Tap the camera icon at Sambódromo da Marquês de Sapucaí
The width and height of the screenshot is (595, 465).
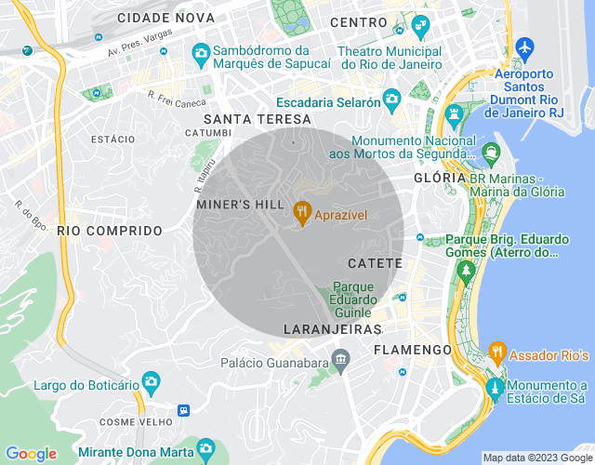pos(200,53)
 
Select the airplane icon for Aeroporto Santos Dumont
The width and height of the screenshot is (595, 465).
pos(525,46)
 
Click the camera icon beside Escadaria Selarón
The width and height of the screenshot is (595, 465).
pos(392,98)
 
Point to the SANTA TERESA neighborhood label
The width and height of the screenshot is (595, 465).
pos(258,119)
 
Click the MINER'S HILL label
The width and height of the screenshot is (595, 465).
pos(239,204)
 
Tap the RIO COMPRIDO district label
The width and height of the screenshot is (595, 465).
pos(110,230)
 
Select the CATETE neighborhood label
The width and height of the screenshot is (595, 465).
pos(375,264)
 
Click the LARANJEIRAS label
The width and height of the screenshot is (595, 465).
pos(333,329)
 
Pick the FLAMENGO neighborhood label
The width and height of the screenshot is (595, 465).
pos(412,350)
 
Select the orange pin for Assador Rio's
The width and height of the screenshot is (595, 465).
pos(496,352)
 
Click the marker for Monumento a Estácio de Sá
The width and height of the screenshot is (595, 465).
pos(496,386)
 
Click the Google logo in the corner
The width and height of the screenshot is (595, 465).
pos(31,454)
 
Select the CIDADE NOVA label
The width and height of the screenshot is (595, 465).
pos(166,18)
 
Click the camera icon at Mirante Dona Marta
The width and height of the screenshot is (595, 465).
pos(208,450)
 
